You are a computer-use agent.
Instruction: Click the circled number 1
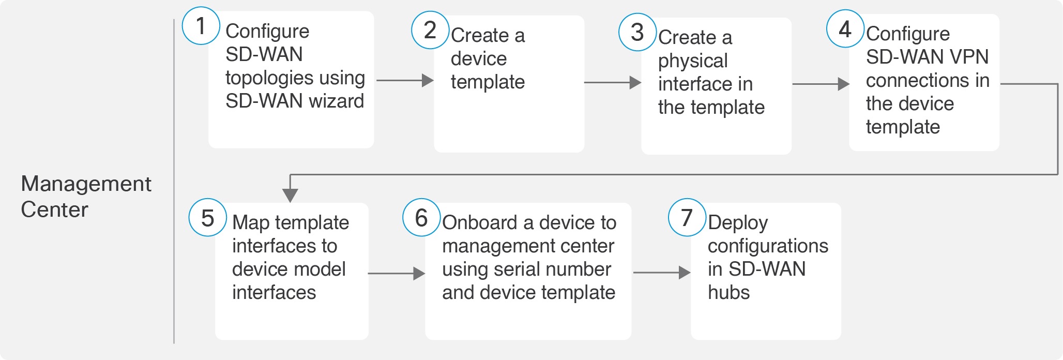(201, 26)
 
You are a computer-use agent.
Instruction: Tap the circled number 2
(430, 30)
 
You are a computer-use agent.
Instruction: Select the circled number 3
(637, 32)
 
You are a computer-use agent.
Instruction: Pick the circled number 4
(845, 29)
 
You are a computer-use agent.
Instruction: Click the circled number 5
(208, 218)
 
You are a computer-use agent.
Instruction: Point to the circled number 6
(422, 217)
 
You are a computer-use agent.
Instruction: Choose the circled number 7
(687, 217)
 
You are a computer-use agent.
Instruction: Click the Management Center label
(86, 197)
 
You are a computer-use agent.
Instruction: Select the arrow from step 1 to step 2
(405, 80)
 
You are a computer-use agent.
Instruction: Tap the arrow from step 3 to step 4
(821, 84)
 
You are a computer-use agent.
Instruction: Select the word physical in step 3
(693, 61)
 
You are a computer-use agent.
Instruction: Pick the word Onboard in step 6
(480, 222)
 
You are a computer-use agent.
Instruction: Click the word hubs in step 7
(728, 292)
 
